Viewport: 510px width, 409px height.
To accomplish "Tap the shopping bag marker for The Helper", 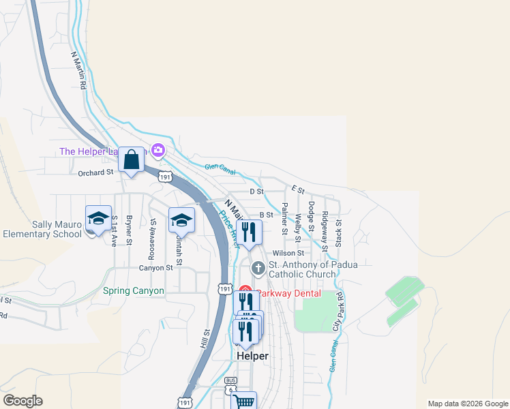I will pos(131,161).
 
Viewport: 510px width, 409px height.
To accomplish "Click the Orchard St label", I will pos(95,172).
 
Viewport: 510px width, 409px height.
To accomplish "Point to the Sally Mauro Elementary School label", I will pos(42,229).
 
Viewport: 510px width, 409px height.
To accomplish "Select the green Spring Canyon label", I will pos(134,290).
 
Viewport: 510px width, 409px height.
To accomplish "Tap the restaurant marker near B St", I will pos(249,233).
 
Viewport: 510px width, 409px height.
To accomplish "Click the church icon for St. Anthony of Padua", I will pos(258,268).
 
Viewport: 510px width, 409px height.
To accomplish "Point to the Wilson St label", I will pos(287,253).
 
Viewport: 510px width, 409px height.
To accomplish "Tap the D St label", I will pos(256,192).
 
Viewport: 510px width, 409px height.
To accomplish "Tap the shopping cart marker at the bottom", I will pos(243,400).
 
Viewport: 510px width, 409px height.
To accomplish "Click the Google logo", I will pos(22,401).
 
